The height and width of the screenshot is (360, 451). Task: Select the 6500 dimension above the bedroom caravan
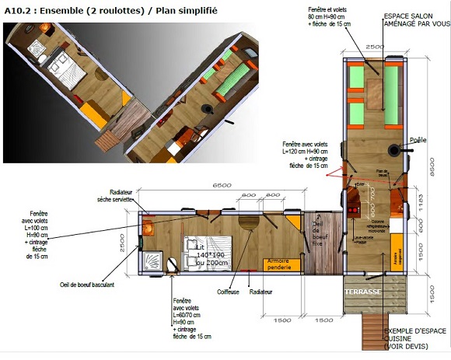pyautogui.click(x=222, y=186)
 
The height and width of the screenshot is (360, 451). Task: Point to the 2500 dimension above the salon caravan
pyautogui.click(x=374, y=47)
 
